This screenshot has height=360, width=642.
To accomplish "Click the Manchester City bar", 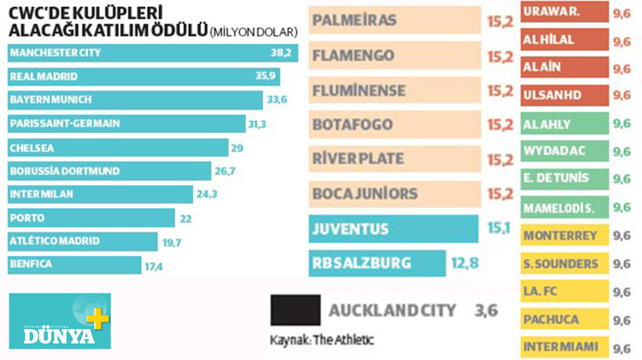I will coord(149,52).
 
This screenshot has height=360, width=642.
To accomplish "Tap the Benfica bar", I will coord(74,265).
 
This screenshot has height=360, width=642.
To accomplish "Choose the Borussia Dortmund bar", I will coord(110,171).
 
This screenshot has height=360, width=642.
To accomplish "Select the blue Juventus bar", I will coord(394,229).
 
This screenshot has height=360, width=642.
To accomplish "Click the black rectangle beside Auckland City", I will coord(294,310).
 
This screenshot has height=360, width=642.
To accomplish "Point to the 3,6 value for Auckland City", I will coord(485,311).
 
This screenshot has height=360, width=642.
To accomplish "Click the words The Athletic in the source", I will coord(349,340).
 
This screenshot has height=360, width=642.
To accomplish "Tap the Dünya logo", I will coord(60,321).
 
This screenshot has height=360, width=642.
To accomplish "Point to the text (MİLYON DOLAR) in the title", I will coord(254,32).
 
